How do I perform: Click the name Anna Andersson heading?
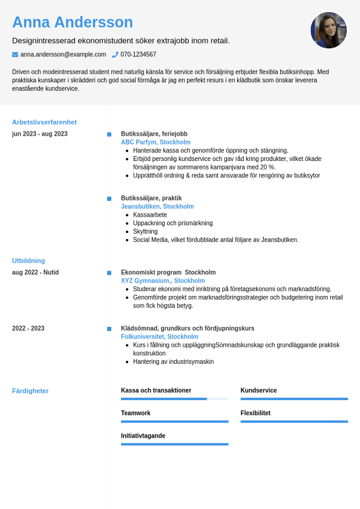(x=73, y=22)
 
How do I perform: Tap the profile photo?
(x=329, y=30)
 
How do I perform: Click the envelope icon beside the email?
(x=15, y=54)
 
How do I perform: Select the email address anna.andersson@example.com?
(x=63, y=54)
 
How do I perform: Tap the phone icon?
(x=115, y=54)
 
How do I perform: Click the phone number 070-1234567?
(x=138, y=54)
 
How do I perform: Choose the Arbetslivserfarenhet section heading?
(x=44, y=122)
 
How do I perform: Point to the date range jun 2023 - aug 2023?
(x=40, y=134)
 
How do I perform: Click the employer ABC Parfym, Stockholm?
(x=155, y=142)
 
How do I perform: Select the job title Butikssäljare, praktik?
(x=151, y=198)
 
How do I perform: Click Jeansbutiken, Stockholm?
(x=157, y=206)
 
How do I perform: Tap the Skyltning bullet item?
(x=145, y=231)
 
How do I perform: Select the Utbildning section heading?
(x=28, y=261)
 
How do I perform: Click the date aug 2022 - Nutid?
(x=35, y=272)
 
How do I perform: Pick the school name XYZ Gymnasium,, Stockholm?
(x=163, y=281)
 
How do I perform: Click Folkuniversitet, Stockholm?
(x=159, y=337)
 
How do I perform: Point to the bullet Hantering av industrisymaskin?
(x=173, y=362)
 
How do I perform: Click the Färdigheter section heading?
(x=30, y=391)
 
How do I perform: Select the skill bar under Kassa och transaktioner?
(x=174, y=399)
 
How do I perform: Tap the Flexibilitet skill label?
(x=255, y=413)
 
